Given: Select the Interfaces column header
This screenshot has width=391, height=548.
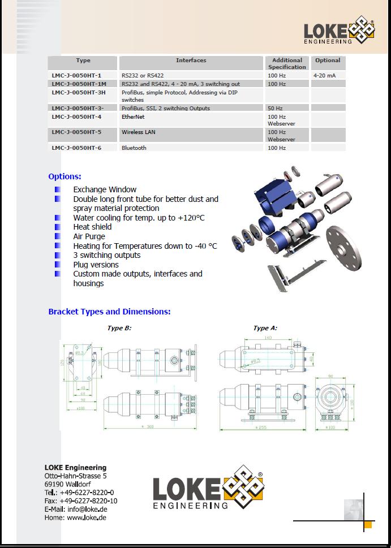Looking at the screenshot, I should (191, 60).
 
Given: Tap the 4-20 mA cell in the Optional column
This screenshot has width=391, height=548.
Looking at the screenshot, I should (324, 75).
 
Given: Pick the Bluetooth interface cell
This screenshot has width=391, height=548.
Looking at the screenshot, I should (134, 148).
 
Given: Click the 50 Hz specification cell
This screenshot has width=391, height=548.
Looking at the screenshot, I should (275, 108).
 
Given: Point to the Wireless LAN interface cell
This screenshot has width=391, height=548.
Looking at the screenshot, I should (138, 132).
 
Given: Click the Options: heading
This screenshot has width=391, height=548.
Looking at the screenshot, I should (65, 176).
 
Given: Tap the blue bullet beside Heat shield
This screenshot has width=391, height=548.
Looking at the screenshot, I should (58, 227).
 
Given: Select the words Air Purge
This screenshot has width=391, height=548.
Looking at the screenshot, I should (89, 236).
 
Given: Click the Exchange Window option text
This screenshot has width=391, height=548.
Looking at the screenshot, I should (105, 189).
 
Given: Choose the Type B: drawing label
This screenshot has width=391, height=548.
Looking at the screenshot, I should (119, 328).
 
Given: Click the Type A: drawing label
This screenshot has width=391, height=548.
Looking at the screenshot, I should (265, 328).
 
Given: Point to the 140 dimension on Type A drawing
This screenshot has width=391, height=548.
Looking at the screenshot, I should (267, 338).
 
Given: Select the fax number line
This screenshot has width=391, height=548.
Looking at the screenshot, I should (81, 500).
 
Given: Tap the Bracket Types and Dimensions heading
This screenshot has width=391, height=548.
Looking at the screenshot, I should (109, 312).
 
